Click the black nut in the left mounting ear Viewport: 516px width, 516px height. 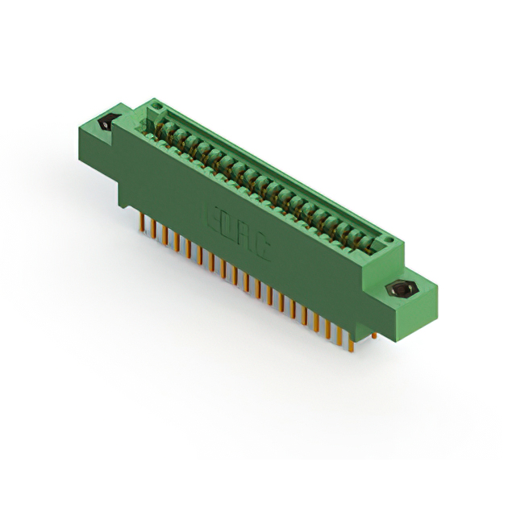click(105, 125)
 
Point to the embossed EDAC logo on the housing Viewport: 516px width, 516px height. click(237, 229)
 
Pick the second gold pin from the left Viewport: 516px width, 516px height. click(153, 228)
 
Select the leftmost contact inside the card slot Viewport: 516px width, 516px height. click(164, 131)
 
